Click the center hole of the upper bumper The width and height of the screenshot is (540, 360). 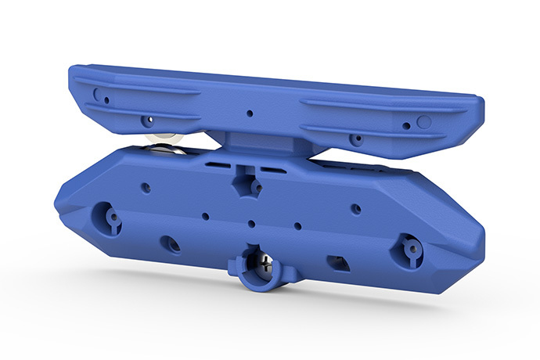click(250, 113)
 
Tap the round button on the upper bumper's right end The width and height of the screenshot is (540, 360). click(424, 122)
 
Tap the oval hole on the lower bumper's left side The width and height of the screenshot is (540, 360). click(170, 243)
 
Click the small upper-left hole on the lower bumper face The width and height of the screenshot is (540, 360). click(145, 188)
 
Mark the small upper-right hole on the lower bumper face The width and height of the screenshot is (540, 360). click(355, 209)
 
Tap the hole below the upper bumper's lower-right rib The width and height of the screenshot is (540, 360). click(356, 140)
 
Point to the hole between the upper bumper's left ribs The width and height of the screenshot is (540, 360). click(146, 121)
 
